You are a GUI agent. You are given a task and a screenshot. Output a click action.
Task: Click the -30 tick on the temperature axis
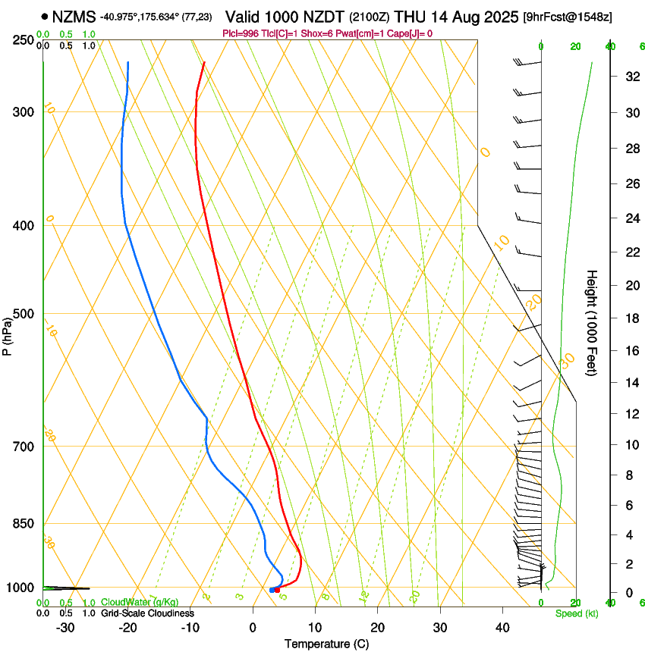(x=65, y=627)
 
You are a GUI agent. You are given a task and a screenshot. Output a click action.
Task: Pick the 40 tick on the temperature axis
(x=502, y=627)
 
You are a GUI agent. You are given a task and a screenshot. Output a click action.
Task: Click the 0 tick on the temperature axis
(x=253, y=627)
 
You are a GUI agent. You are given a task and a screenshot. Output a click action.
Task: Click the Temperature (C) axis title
(x=326, y=644)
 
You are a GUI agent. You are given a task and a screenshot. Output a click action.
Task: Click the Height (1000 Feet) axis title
(x=593, y=323)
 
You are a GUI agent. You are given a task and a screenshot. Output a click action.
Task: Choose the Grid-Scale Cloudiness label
(x=147, y=613)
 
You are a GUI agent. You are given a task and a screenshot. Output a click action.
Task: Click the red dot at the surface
(x=277, y=589)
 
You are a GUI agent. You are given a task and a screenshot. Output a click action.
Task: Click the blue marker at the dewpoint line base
(x=272, y=590)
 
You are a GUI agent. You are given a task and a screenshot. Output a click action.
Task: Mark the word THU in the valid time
(x=411, y=16)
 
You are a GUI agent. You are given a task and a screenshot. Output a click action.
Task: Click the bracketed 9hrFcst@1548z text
(x=568, y=17)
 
